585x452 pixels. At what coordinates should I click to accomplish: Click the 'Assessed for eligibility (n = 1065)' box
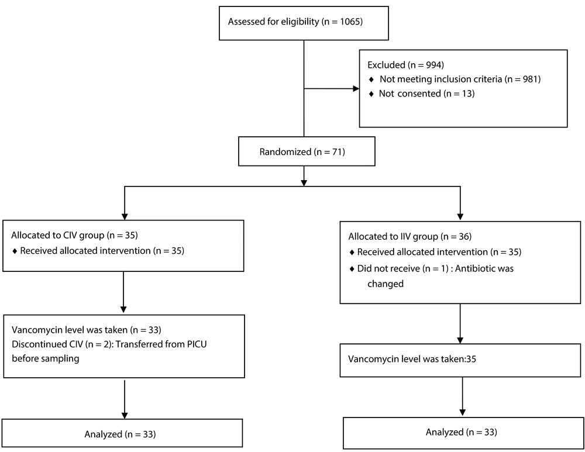point(304,23)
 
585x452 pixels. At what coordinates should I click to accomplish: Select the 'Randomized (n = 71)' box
point(307,151)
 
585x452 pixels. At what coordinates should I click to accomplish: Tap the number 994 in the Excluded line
point(433,65)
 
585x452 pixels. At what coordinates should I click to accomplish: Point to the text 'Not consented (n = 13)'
point(426,93)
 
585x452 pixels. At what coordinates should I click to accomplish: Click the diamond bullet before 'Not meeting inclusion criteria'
point(371,80)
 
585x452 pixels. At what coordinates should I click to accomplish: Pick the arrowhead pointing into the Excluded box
point(356,89)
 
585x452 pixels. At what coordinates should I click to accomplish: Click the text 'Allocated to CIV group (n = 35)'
point(74,235)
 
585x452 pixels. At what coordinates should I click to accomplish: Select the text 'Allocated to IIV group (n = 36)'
point(410,236)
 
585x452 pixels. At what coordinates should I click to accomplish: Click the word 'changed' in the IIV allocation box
point(386,284)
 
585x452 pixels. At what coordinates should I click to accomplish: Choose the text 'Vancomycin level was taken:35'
point(412,359)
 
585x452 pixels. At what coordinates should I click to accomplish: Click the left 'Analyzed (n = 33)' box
point(122,433)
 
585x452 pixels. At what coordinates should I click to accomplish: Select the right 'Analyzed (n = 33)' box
point(462,433)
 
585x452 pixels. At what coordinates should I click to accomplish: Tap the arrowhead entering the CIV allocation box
point(125,217)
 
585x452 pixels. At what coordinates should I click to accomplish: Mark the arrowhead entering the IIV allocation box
point(460,217)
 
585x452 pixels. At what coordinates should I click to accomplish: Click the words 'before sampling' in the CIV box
point(46,358)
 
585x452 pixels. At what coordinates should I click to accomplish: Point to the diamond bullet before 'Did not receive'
point(352,269)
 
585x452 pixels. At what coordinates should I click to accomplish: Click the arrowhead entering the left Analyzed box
point(125,415)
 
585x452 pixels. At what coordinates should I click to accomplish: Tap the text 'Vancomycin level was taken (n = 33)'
point(87,330)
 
